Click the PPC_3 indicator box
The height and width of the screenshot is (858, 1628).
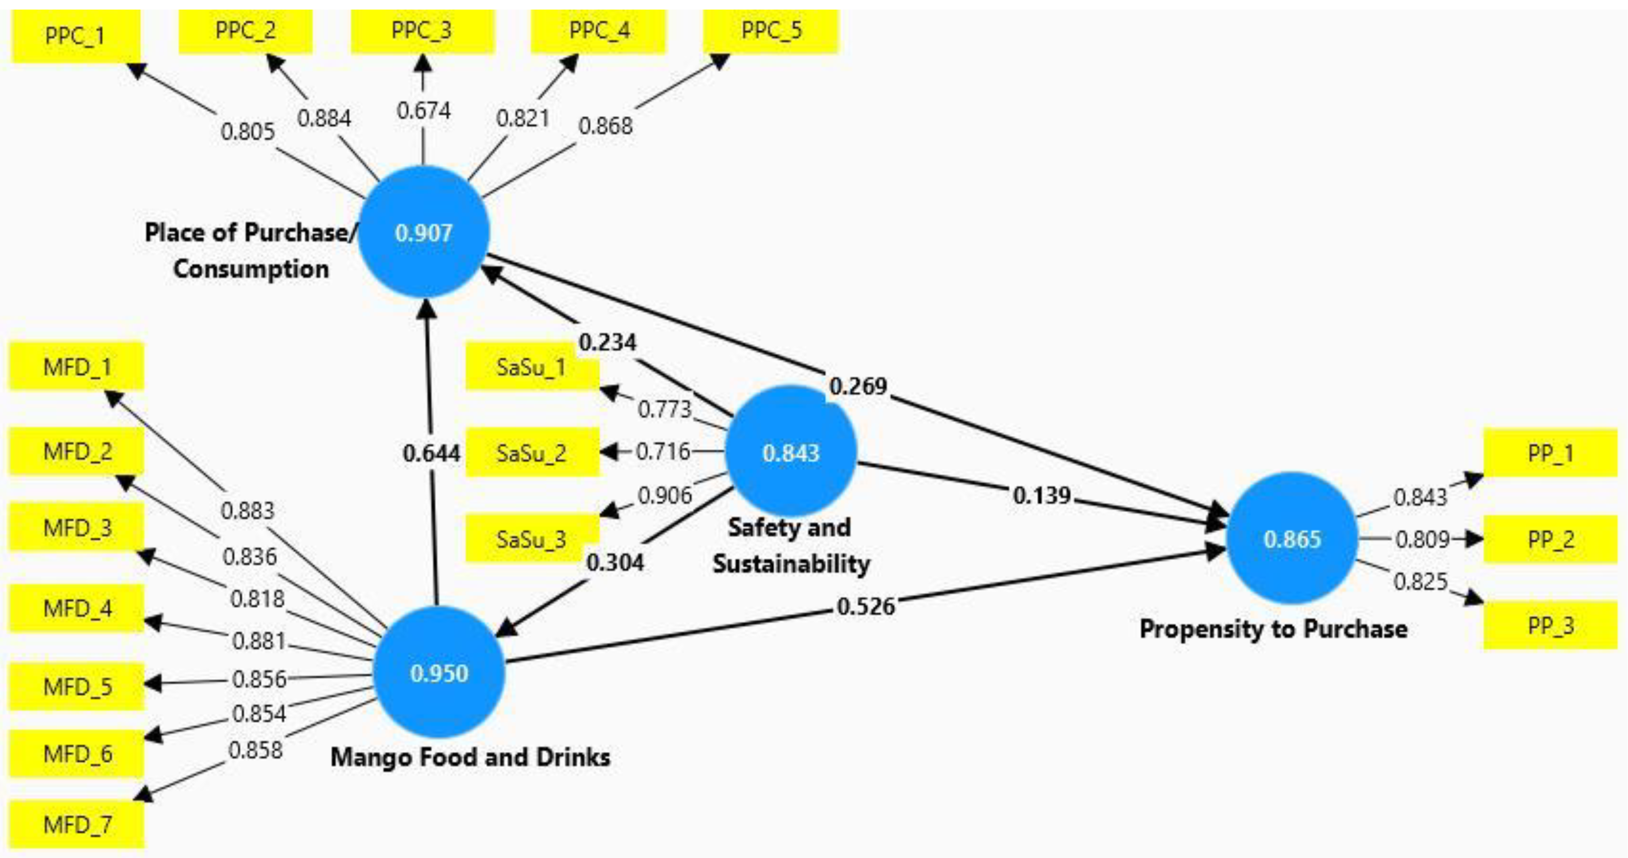[x=422, y=31]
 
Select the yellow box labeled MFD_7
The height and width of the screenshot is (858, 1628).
[x=77, y=824]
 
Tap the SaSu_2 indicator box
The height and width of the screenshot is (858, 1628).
[x=532, y=452]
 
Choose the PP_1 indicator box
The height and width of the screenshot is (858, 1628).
[x=1550, y=452]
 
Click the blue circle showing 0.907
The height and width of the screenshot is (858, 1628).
[x=423, y=232]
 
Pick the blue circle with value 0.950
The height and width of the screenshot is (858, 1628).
[x=439, y=672]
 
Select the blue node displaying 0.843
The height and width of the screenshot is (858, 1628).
[x=791, y=452]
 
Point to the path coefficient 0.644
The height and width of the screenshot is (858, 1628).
[x=431, y=452]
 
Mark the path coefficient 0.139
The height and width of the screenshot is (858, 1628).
[x=1042, y=495]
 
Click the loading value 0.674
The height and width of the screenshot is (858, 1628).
[x=423, y=111]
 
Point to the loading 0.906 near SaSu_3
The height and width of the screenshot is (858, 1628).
[x=665, y=495]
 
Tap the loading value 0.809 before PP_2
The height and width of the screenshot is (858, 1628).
[x=1422, y=539]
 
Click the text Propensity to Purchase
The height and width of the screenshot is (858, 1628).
[x=1273, y=629]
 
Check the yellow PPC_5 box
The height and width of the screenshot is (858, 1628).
[x=771, y=31]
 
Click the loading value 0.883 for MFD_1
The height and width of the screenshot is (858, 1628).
[x=248, y=510]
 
